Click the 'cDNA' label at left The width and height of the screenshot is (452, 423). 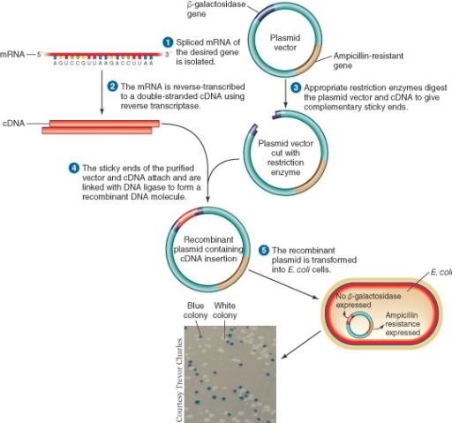13,125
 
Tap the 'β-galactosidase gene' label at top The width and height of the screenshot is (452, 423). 214,10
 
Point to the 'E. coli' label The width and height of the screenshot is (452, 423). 439,273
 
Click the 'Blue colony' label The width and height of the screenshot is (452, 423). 195,312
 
